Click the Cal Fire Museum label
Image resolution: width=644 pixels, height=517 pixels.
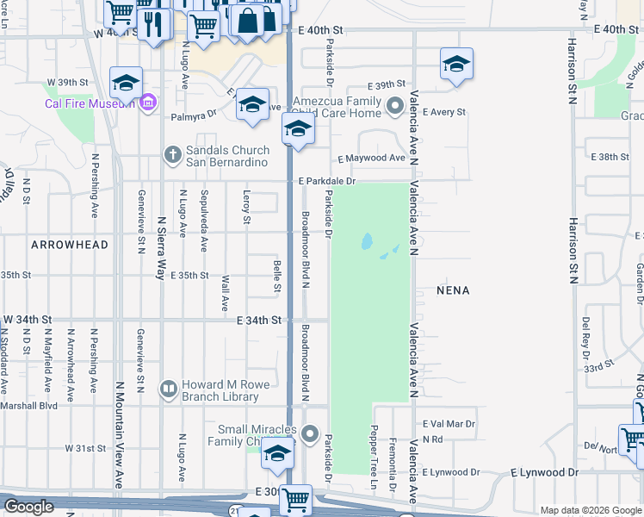coord(90,104)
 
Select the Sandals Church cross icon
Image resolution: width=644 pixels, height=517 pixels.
coord(172,155)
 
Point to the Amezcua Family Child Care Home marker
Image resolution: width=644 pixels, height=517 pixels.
coord(396,107)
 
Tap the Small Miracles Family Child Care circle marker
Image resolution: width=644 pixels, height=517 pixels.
coord(311,434)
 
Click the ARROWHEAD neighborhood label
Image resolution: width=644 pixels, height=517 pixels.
coord(70,245)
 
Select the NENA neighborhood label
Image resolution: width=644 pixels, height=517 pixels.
coord(453,290)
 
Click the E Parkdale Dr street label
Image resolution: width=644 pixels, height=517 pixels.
coord(327,181)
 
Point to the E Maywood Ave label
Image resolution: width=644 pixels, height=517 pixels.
coord(371,159)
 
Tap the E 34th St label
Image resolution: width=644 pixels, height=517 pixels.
coord(259,321)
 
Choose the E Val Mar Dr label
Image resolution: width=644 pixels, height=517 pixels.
coord(449,424)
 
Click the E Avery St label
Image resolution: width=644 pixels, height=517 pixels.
coord(443,112)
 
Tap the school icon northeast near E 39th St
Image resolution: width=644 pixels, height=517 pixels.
coord(456,64)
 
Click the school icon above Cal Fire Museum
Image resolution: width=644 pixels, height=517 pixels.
coord(126,83)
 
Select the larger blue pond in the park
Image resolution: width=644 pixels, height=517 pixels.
coord(367,242)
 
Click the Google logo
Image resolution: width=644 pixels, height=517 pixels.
coord(28,507)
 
